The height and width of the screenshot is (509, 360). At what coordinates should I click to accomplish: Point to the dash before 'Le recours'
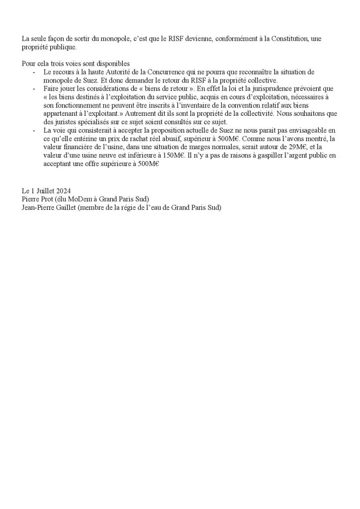click(33, 73)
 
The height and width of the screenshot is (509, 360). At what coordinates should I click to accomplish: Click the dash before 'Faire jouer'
click(33, 89)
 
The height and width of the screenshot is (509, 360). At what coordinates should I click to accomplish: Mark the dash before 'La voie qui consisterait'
click(33, 130)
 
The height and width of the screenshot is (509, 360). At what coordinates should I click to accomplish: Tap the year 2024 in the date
click(64, 191)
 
